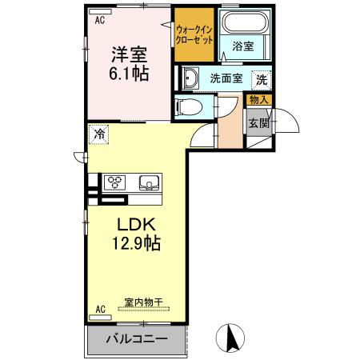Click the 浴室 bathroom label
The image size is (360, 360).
point(242,47)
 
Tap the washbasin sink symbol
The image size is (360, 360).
point(190,78)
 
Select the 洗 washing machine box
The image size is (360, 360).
point(261,79)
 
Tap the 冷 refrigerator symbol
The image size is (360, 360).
point(100,134)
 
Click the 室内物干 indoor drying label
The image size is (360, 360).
point(143,303)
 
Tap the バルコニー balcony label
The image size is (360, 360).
point(138,339)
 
